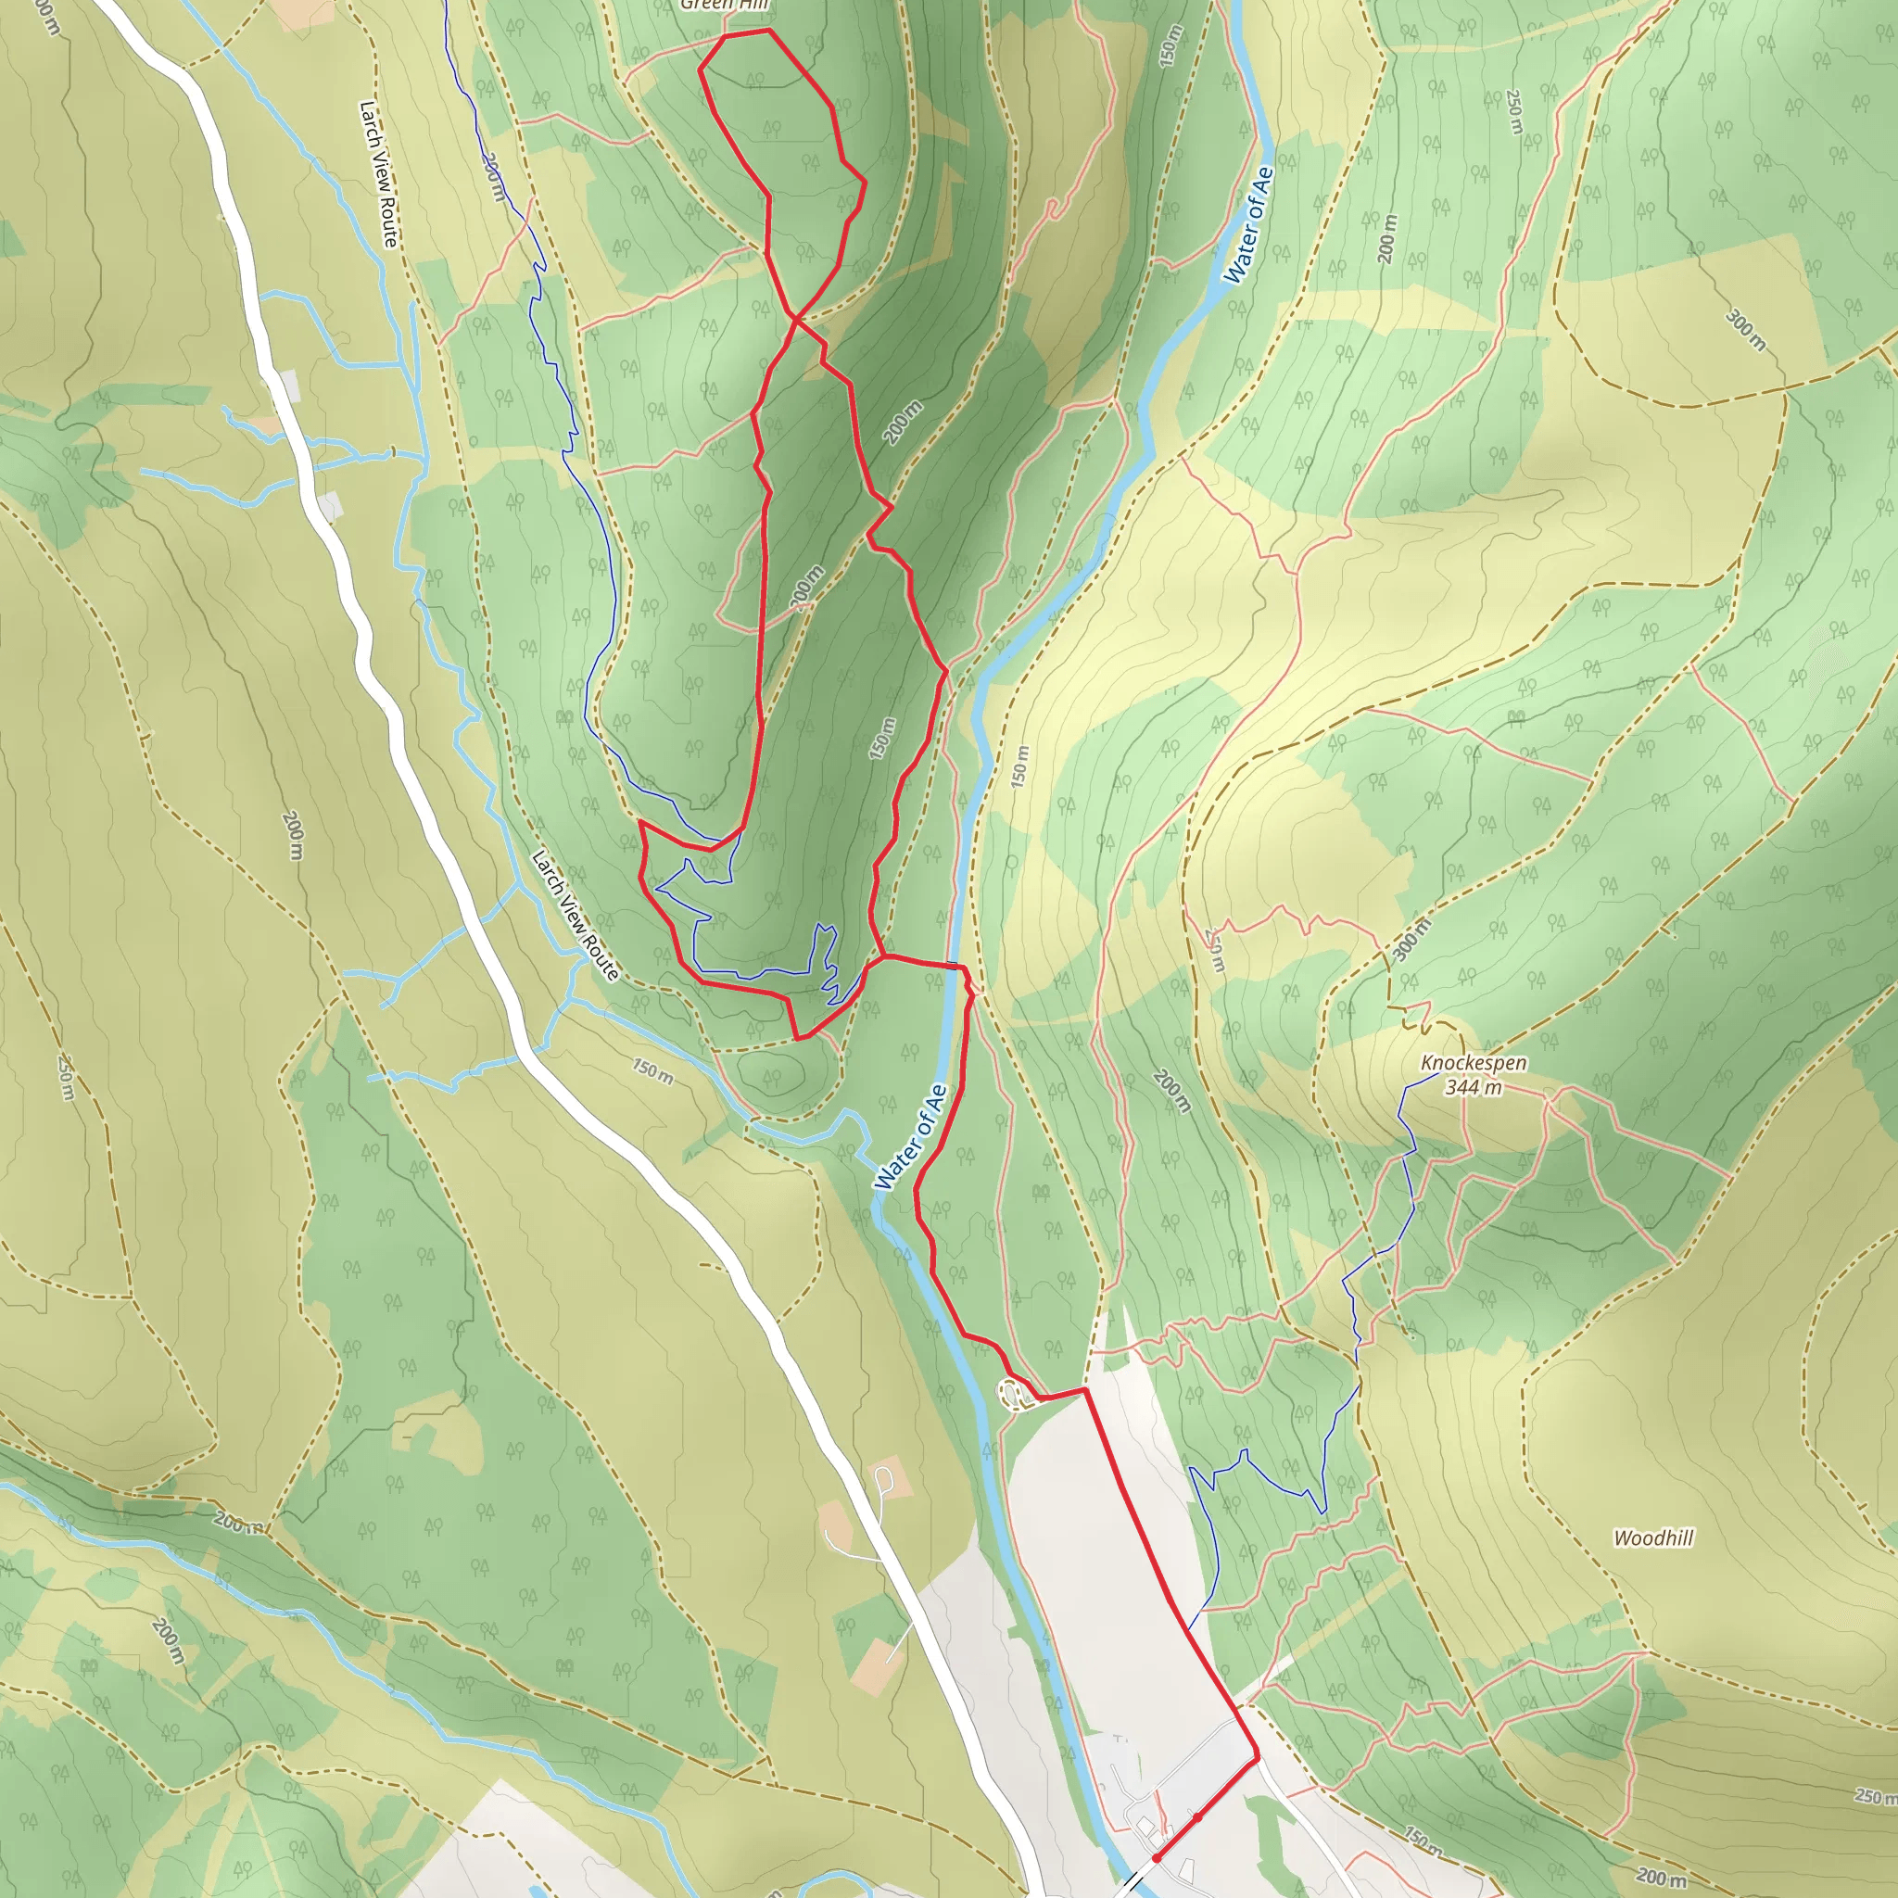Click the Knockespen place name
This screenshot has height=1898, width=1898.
[1474, 1063]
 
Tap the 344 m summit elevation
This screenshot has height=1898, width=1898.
[1473, 1086]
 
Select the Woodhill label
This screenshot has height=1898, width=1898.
[1653, 1537]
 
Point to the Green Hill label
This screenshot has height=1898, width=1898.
[725, 5]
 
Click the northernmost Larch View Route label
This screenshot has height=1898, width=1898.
[378, 174]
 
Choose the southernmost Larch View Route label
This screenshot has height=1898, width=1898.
[575, 916]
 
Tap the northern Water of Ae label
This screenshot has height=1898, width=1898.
[1248, 225]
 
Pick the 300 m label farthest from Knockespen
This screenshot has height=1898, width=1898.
[1746, 330]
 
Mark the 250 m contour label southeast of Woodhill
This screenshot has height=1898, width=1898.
[1876, 1796]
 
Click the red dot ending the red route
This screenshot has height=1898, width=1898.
[1157, 1859]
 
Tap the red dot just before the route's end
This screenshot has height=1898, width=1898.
[1197, 1817]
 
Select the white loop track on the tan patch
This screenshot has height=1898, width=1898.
[883, 1477]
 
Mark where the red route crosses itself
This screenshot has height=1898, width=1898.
[795, 317]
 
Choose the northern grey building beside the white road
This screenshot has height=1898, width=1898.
[289, 386]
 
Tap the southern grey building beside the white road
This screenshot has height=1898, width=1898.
[330, 506]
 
